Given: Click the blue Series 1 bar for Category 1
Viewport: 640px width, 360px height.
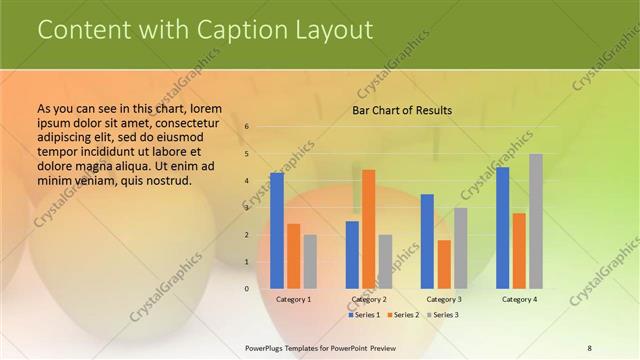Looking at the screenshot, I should [x=276, y=231].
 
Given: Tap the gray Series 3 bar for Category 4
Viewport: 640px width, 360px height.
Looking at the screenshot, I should [x=536, y=221].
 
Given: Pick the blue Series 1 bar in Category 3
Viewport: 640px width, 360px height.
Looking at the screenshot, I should [x=427, y=241].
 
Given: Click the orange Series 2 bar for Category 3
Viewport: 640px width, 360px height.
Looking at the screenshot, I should [x=444, y=264].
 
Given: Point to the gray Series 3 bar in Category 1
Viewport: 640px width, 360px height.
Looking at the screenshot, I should [x=310, y=262].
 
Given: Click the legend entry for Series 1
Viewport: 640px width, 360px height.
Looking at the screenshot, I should [x=363, y=315].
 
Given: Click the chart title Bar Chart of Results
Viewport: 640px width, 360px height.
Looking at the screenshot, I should [x=402, y=110].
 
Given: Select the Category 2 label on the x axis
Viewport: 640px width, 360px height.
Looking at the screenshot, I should [x=368, y=299].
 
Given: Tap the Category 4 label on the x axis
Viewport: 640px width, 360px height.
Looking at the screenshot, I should [x=519, y=299].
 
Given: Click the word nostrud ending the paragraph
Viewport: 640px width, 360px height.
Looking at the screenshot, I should [x=163, y=181].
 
